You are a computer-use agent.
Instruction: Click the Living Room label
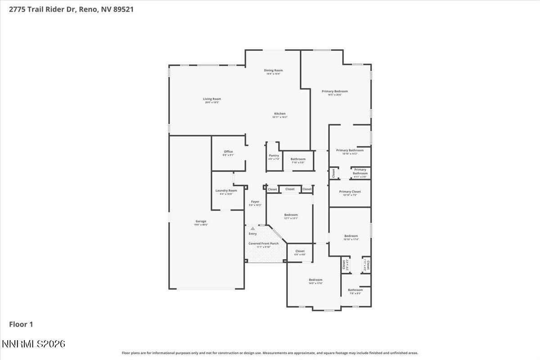pyautogui.click(x=212, y=99)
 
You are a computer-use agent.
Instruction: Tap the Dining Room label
pyautogui.click(x=273, y=71)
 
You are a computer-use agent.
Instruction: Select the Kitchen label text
pyautogui.click(x=279, y=114)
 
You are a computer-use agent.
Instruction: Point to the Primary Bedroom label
pyautogui.click(x=334, y=91)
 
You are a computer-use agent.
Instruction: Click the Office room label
pyautogui.click(x=228, y=152)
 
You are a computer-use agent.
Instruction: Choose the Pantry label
pyautogui.click(x=274, y=156)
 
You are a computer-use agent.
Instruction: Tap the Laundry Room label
pyautogui.click(x=226, y=191)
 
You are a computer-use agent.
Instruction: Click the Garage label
pyautogui.click(x=201, y=221)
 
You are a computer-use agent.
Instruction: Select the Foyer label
pyautogui.click(x=255, y=202)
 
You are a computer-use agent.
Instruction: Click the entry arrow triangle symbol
pyautogui.click(x=252, y=229)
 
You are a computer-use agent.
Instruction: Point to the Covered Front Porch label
pyautogui.click(x=263, y=243)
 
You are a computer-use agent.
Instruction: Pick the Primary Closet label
pyautogui.click(x=350, y=192)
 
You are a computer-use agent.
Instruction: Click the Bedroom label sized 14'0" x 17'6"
pyautogui.click(x=315, y=280)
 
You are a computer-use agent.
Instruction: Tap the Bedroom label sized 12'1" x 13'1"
pyautogui.click(x=291, y=215)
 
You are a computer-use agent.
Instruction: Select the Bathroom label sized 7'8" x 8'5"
pyautogui.click(x=355, y=290)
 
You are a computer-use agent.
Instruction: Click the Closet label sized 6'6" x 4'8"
pyautogui.click(x=300, y=251)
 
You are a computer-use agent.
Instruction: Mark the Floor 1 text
pyautogui.click(x=21, y=324)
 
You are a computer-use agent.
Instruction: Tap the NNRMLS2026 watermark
pyautogui.click(x=34, y=344)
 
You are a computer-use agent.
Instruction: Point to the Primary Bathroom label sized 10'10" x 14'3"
pyautogui.click(x=350, y=151)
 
